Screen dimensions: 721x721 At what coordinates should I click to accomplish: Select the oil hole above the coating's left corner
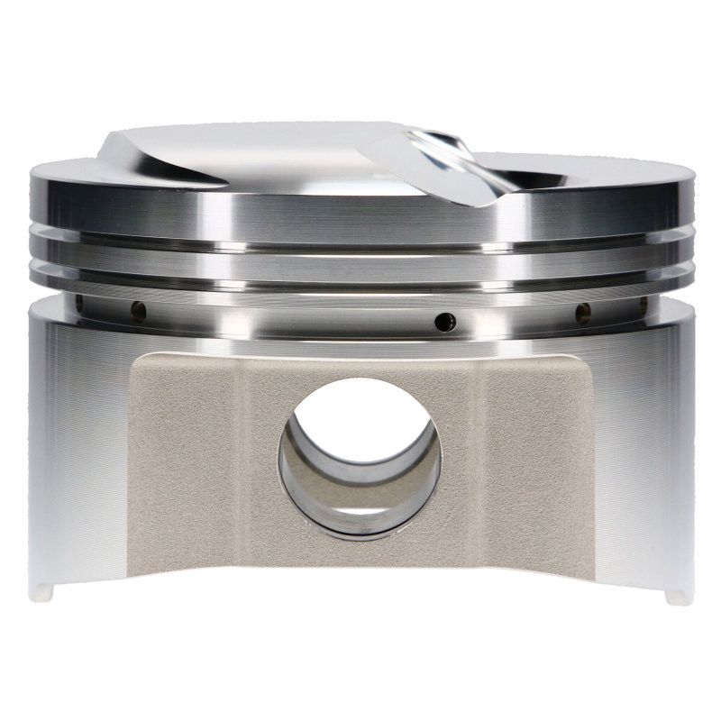[x=138, y=311]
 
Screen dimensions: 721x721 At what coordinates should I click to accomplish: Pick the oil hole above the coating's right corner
[x=583, y=313]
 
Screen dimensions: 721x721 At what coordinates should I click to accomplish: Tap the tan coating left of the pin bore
[x=198, y=451]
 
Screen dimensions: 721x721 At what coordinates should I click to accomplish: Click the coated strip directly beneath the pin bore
[x=360, y=554]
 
